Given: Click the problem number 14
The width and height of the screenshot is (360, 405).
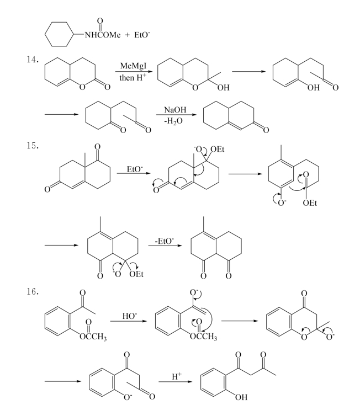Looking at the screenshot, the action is pyautogui.click(x=33, y=60).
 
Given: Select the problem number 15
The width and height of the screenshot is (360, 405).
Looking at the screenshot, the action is pyautogui.click(x=33, y=146).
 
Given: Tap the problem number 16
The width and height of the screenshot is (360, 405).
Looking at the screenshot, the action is pyautogui.click(x=33, y=291).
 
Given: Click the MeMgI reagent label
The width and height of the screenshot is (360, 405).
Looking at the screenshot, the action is pyautogui.click(x=133, y=66).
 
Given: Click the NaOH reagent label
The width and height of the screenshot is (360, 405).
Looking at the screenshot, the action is pyautogui.click(x=175, y=109).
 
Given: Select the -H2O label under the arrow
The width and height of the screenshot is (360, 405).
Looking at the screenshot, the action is pyautogui.click(x=174, y=121).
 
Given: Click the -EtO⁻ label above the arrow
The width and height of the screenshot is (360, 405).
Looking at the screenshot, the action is pyautogui.click(x=165, y=241).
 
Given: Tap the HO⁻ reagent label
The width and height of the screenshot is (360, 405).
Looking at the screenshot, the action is pyautogui.click(x=130, y=316).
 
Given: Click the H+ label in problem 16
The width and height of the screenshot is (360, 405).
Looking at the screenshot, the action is pyautogui.click(x=177, y=376).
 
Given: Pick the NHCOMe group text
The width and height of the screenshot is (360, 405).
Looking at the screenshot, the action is pyautogui.click(x=103, y=35).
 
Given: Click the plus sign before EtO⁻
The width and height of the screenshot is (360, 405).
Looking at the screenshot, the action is pyautogui.click(x=127, y=35).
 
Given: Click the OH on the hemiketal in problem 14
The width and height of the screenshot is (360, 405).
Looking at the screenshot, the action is pyautogui.click(x=223, y=88).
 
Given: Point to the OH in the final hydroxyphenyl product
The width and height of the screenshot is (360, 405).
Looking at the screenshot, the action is pyautogui.click(x=241, y=397).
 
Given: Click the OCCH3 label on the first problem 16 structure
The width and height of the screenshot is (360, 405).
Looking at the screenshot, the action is pyautogui.click(x=93, y=337).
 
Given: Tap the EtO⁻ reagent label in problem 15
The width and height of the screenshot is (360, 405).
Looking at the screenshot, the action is pyautogui.click(x=135, y=169).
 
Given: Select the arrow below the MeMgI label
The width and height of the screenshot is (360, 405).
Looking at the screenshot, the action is pyautogui.click(x=133, y=72).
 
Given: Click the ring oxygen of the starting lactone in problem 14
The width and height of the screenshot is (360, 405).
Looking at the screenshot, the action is pyautogui.click(x=82, y=87).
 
